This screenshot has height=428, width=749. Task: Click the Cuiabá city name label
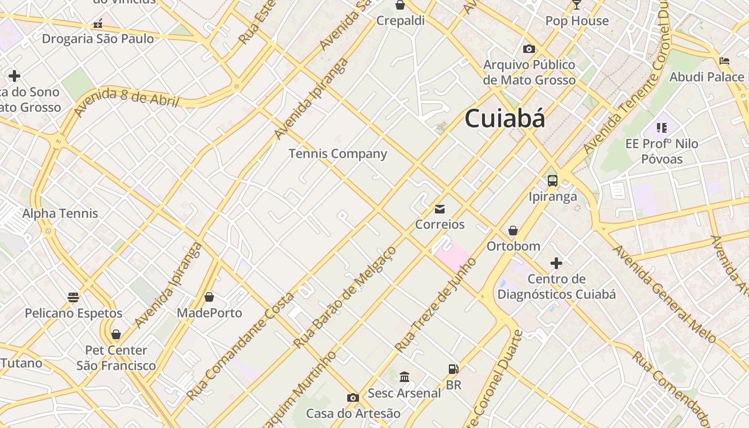(505, 118)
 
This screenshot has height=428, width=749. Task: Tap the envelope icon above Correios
(440, 209)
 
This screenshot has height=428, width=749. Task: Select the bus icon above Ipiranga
(553, 181)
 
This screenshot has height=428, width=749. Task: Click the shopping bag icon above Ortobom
(513, 231)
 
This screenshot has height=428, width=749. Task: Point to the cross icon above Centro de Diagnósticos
(556, 263)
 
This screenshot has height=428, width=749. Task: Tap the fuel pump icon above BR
(453, 369)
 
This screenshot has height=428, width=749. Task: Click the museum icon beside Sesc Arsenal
(404, 377)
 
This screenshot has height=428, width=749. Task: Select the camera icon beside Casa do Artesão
(353, 398)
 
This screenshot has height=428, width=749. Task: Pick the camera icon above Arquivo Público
(529, 49)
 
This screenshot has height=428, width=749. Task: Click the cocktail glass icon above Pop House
(577, 5)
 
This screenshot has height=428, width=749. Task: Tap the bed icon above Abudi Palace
(724, 61)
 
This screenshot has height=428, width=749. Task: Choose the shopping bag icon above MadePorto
(209, 297)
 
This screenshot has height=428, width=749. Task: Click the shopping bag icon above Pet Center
(116, 335)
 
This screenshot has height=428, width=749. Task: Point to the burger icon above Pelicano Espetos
(73, 297)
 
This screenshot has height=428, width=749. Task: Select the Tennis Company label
(338, 154)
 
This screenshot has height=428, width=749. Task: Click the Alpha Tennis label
(60, 213)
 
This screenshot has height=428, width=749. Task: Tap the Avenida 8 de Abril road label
(126, 100)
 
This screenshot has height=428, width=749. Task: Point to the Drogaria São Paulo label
(98, 39)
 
